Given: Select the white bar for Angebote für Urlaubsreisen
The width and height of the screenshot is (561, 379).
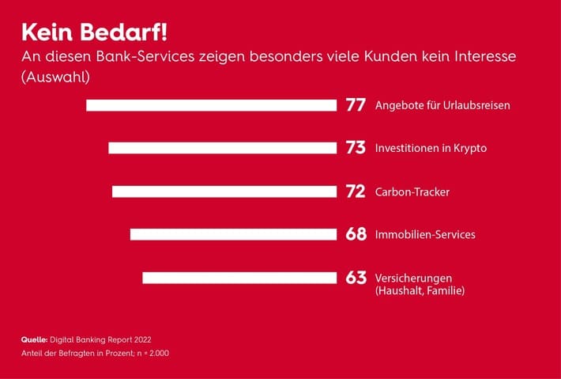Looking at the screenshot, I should [x=211, y=105].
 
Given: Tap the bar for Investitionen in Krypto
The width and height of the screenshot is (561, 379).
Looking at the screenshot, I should [x=222, y=148].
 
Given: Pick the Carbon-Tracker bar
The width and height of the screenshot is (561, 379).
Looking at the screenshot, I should [x=224, y=191].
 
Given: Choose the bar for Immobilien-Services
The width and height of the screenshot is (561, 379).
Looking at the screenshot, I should [x=233, y=234].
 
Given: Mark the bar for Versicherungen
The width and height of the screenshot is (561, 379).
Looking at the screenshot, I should [x=239, y=278].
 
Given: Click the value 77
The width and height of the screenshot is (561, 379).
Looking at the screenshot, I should [x=356, y=105].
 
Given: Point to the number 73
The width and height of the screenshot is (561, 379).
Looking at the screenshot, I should [x=356, y=148].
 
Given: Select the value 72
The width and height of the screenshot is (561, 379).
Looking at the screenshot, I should [x=356, y=191].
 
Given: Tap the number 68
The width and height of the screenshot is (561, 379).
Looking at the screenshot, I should [x=356, y=234].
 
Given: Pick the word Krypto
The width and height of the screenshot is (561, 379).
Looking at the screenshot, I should [x=470, y=149].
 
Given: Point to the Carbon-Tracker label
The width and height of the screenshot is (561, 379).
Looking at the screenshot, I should [x=412, y=191].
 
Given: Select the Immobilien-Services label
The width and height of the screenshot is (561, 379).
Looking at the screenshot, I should [x=425, y=234].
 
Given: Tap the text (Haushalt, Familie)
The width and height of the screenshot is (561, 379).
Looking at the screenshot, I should [x=420, y=291].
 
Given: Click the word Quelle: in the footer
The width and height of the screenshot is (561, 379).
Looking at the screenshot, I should [x=36, y=339].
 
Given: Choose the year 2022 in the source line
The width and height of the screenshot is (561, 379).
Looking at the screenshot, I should [x=138, y=339].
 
